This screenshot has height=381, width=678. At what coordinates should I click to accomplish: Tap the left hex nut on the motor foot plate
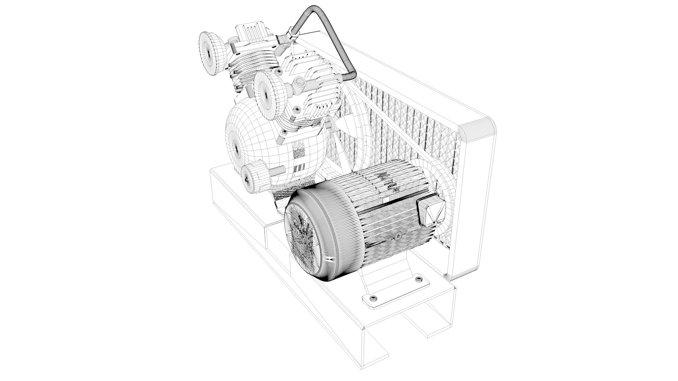tap(373, 299)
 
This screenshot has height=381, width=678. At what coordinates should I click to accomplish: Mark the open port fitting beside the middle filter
tap(299, 83)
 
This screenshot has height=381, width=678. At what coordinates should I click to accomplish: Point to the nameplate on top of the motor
tap(388, 183)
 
